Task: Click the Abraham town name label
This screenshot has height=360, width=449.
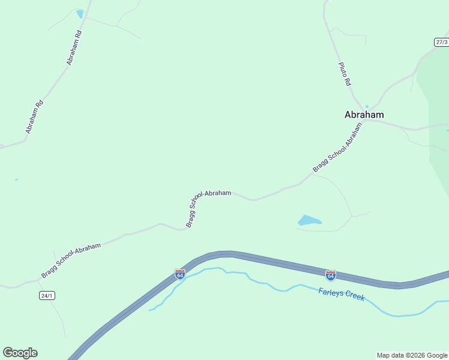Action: [364, 115]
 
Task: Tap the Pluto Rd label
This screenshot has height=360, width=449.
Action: [344, 73]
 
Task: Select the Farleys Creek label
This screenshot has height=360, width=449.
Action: [341, 295]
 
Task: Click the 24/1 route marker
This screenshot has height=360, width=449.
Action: [47, 295]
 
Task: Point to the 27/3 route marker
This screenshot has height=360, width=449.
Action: [441, 42]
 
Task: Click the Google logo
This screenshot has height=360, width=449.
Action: [20, 353]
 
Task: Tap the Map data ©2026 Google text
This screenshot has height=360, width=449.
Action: [412, 355]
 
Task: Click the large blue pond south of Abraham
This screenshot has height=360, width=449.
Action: [309, 221]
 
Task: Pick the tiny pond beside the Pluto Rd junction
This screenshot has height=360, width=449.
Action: [367, 107]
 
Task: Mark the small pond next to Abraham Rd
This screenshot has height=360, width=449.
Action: [80, 14]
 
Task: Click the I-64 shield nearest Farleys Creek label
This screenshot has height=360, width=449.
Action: [330, 275]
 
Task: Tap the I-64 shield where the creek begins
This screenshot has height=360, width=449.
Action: [179, 274]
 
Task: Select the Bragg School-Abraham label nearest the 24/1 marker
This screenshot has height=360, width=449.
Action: [70, 260]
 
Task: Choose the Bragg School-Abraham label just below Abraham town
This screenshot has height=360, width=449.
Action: [339, 148]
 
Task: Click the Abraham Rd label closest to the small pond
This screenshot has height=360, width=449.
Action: [74, 47]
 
